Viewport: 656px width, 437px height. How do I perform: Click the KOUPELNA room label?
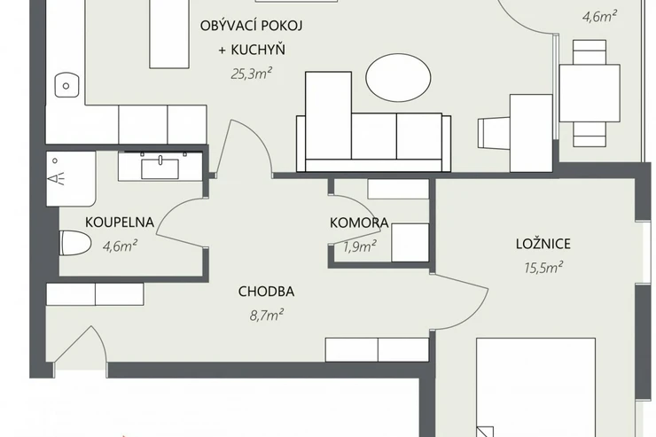pyautogui.click(x=120, y=222)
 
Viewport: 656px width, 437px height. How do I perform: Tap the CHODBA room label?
pyautogui.click(x=266, y=292)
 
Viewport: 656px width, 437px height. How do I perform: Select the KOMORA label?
pyautogui.click(x=359, y=222)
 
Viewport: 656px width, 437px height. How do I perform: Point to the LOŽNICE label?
pyautogui.click(x=543, y=244)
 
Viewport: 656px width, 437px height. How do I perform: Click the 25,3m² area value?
pyautogui.click(x=252, y=74)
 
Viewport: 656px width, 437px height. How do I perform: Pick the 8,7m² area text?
pyautogui.click(x=267, y=315)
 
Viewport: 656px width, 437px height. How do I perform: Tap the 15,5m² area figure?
pyautogui.click(x=543, y=267)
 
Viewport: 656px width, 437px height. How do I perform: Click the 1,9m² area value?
pyautogui.click(x=359, y=246)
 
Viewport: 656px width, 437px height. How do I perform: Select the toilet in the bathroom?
pyautogui.click(x=75, y=243)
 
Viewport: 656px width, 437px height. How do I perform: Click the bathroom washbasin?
pyautogui.click(x=160, y=168)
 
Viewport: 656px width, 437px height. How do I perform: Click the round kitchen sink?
pyautogui.click(x=66, y=85)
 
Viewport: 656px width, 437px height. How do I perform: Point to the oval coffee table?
pyautogui.click(x=398, y=79)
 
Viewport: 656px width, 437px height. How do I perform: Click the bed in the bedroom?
pyautogui.click(x=536, y=387)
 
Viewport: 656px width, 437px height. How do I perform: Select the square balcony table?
pyautogui.click(x=590, y=93)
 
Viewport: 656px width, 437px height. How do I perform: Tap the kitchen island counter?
pyautogui.click(x=169, y=34)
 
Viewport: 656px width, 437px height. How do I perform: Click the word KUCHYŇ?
pyautogui.click(x=258, y=50)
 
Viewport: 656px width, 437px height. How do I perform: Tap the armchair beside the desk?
pyautogui.click(x=494, y=133)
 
